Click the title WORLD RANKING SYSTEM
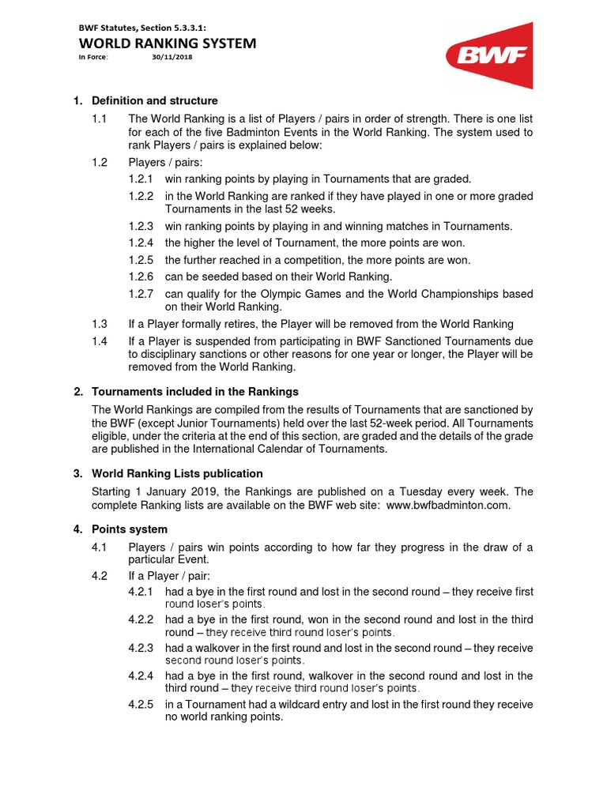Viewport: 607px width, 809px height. [167, 43]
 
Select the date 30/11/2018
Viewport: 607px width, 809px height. [172, 58]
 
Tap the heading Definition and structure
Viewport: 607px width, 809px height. [155, 101]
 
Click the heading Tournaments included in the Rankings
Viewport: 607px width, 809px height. [195, 392]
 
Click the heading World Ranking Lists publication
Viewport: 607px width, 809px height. [178, 474]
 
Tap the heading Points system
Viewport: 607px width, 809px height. [130, 529]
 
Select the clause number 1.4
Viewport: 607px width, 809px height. [99, 341]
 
